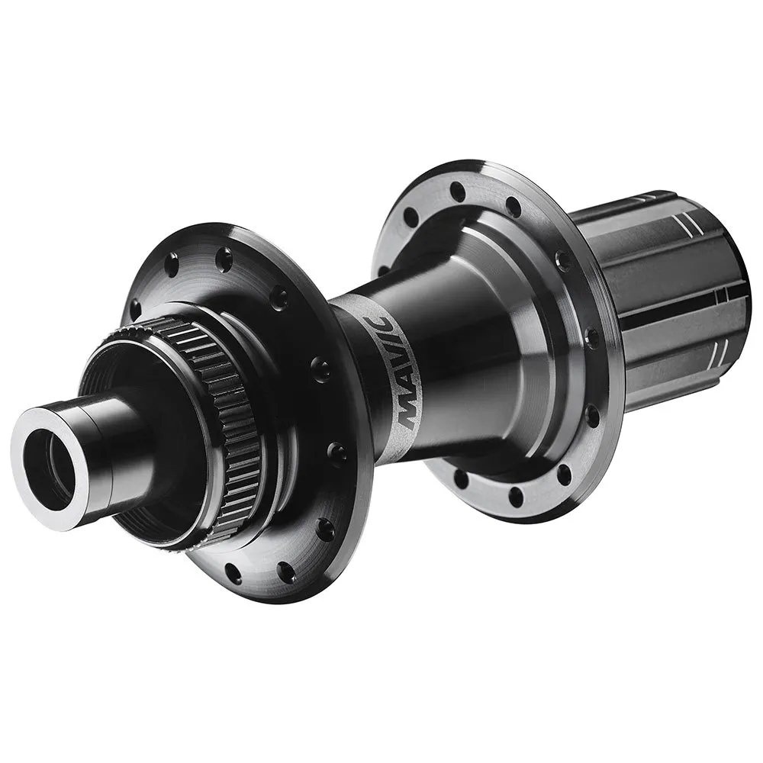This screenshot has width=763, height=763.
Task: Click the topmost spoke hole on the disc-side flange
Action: coord(224,260)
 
